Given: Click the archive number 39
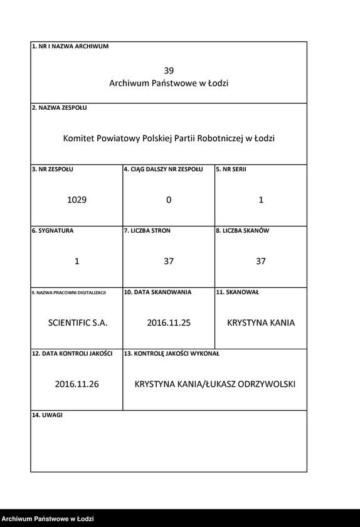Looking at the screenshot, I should pos(169,71).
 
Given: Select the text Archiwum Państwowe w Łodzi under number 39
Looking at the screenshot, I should pos(169,83).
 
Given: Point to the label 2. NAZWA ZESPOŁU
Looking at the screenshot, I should pos(60,108).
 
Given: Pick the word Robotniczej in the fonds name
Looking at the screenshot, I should pos(220,139).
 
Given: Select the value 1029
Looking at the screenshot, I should pos(77,200).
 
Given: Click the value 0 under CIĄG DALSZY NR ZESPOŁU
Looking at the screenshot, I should pos(169,200).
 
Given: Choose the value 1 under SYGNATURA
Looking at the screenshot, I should pos(77,262).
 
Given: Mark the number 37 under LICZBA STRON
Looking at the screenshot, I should pos(169,262).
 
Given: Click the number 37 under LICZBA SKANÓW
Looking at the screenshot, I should pos(261,262).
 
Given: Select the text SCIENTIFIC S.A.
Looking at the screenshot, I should pos(78,323).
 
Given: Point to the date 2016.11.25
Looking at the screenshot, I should pos(169,323).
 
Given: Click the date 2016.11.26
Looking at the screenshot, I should pos(77,385).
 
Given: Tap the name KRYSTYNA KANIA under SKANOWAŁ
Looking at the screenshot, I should pos(261,323).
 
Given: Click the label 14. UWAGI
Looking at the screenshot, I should pos(48,415).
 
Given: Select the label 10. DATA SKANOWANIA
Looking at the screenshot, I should pos(157,292).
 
